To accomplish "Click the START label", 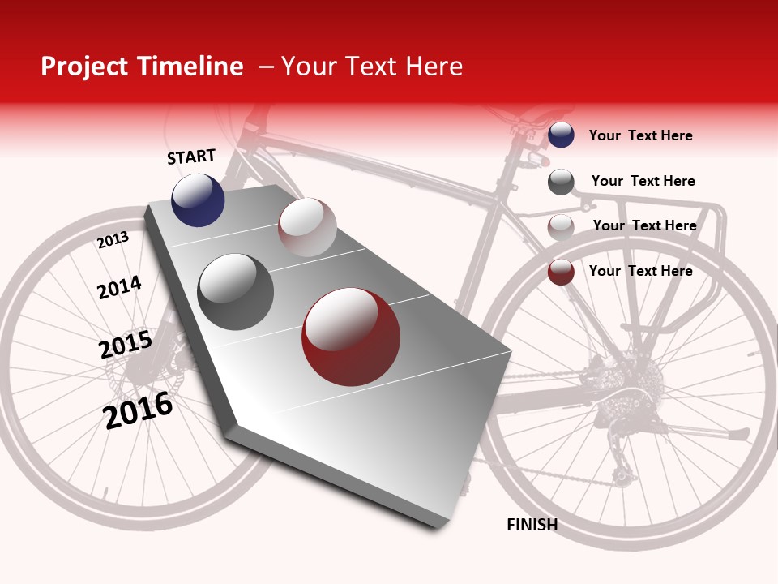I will (191, 157).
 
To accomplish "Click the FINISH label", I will (532, 525).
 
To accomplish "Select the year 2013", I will (113, 240).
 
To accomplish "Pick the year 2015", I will (126, 346).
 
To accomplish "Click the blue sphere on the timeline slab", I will (198, 200).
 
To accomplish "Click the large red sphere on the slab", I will (351, 337).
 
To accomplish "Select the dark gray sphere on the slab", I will (236, 292).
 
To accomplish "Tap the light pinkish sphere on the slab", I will (307, 227).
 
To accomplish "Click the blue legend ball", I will (561, 135).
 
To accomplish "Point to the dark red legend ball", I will (561, 272).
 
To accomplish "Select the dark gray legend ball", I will (561, 182).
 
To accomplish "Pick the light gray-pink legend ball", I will (561, 227).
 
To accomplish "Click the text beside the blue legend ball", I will (640, 135).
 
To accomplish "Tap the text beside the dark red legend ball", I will (640, 271).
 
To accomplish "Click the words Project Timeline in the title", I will (142, 67).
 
